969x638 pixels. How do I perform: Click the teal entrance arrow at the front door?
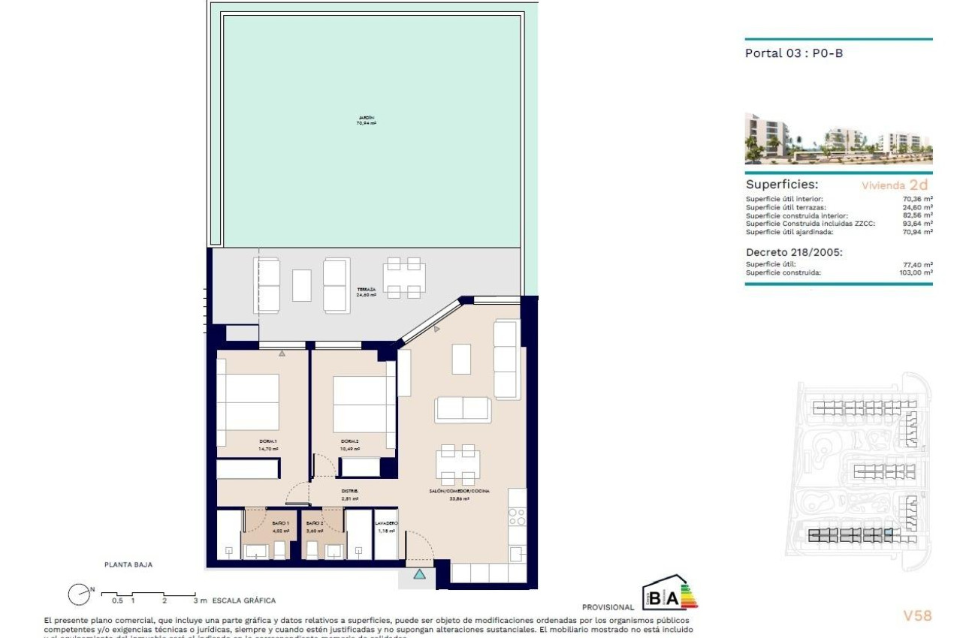(419, 575)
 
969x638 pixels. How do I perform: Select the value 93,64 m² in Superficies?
(917, 224)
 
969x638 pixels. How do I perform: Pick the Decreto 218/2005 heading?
(794, 252)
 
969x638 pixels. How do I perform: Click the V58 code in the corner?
(916, 615)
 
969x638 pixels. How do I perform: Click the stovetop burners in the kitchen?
(517, 516)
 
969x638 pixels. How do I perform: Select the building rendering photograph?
(838, 139)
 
